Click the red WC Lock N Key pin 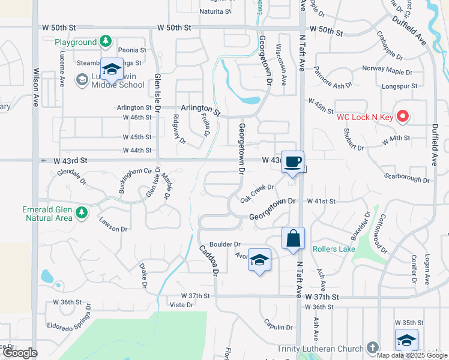pos(403,116)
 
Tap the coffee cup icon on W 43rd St pos(292,162)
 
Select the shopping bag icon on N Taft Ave pos(293,238)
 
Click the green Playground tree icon pos(106,41)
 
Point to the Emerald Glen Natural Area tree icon pos(81,212)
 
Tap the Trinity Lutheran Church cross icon pos(372,348)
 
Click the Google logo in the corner pos(19,353)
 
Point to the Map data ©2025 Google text pos(412,355)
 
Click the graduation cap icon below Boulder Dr pos(259,260)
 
